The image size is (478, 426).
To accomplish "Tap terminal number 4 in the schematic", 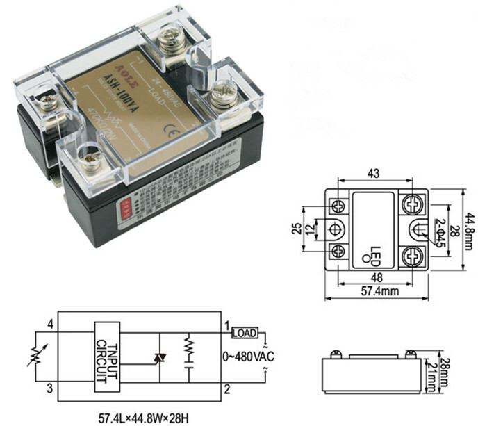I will pyautogui.click(x=50, y=324).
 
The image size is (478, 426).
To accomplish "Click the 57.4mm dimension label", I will pyautogui.click(x=380, y=292).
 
